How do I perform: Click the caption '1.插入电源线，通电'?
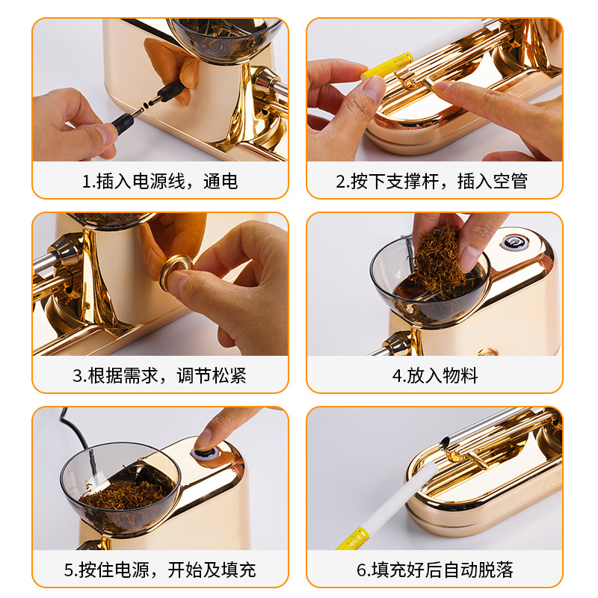coord(159,181)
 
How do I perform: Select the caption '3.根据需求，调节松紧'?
coord(159,375)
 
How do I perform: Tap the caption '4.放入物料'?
coord(434,375)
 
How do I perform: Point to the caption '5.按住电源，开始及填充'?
coord(159,570)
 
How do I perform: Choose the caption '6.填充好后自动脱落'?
coord(434,570)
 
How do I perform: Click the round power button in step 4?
coord(513,242)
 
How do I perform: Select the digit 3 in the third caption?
coord(77,376)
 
